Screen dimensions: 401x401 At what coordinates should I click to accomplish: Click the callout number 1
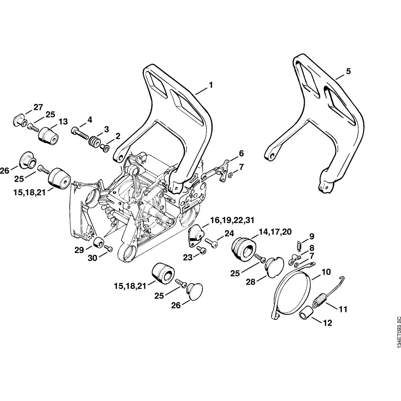pos(211,85)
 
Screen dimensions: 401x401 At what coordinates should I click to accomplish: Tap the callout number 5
pos(348,71)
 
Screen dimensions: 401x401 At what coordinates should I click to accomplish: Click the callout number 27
pos(38,107)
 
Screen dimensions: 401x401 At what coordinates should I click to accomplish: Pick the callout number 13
pos(63,122)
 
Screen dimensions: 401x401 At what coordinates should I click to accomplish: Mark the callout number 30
pos(92,259)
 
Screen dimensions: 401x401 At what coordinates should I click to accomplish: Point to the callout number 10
pos(326,271)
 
